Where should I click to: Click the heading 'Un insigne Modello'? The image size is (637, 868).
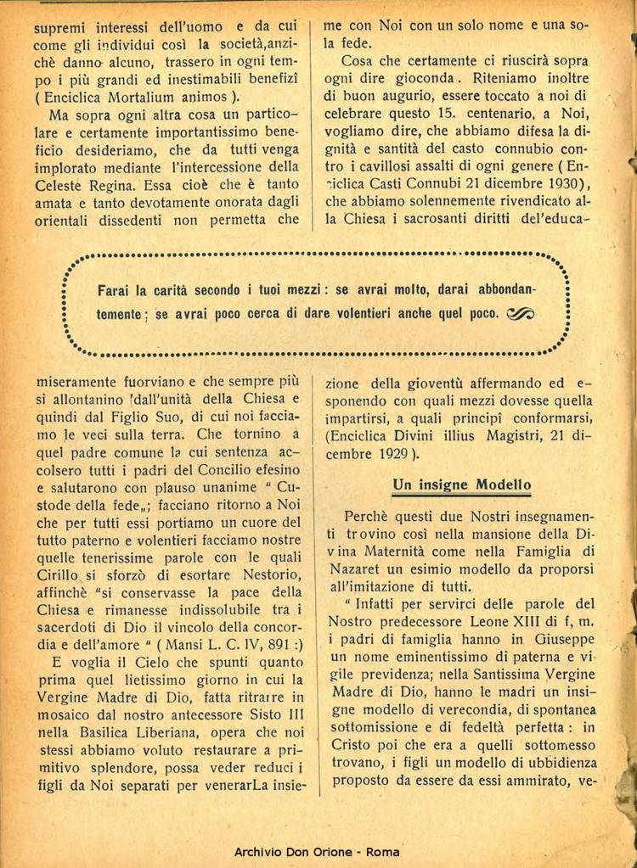tap(462, 484)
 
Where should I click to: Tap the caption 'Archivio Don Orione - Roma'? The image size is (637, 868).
tap(318, 852)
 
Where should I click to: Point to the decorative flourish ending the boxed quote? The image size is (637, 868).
tap(519, 313)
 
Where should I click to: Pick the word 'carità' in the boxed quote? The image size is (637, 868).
tap(173, 288)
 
